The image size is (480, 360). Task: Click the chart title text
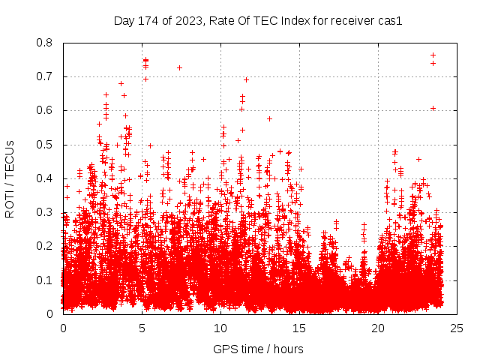[x=258, y=21]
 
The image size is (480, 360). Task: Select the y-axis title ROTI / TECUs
[x=10, y=178]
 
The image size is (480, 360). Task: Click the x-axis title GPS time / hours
[x=258, y=349]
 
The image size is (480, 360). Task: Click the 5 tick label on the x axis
[x=142, y=328]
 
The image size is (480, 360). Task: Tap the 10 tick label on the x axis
[x=220, y=328]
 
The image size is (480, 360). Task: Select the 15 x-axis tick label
[x=299, y=328]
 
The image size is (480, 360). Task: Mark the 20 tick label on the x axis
[x=378, y=328]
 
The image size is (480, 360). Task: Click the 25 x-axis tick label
[x=457, y=328]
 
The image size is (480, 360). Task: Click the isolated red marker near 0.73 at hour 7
[x=179, y=67]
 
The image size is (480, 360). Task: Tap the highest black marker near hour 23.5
[x=433, y=55]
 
